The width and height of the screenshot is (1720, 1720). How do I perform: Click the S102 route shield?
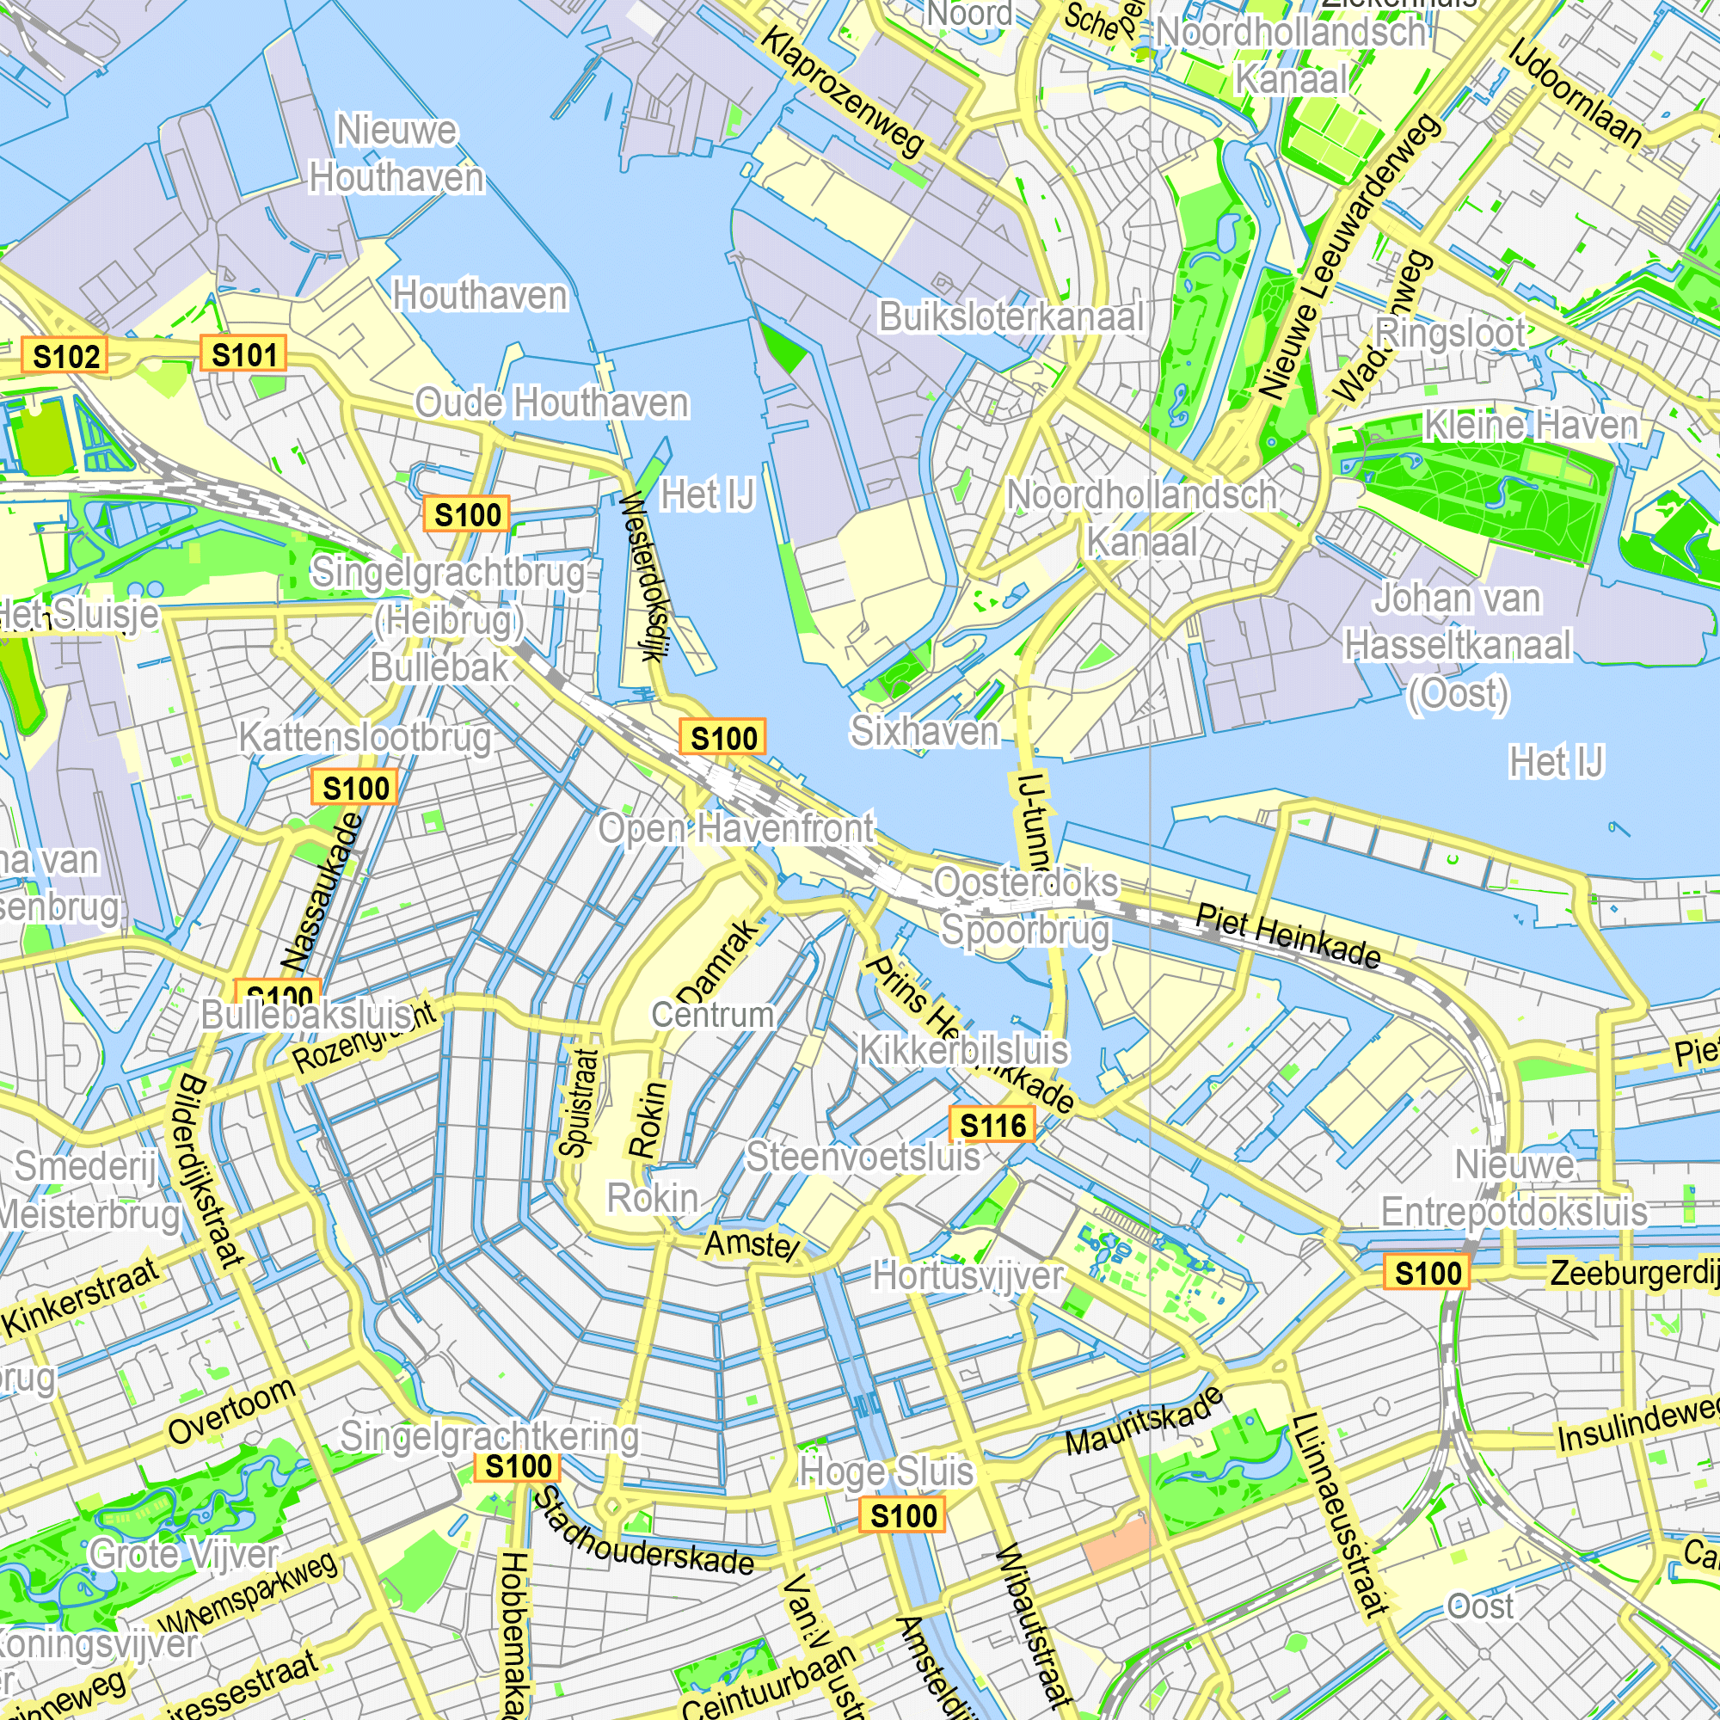[66, 356]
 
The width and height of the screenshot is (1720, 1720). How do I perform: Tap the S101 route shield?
[244, 354]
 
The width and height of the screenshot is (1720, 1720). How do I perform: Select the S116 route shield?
[992, 1127]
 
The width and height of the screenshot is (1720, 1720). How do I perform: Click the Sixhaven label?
[925, 732]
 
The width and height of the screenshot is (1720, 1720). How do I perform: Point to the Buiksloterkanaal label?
[1010, 317]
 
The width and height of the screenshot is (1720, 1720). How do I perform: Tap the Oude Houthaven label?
[552, 403]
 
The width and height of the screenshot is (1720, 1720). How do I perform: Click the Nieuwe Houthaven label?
[397, 155]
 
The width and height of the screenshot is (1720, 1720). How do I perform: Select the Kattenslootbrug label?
[365, 738]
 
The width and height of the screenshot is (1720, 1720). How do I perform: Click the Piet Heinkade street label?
[1288, 936]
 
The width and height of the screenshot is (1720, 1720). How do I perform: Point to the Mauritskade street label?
[1145, 1422]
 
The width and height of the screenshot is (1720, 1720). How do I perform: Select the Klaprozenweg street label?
[842, 92]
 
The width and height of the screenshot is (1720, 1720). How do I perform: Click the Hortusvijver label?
[967, 1275]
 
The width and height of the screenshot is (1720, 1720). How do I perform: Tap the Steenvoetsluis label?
[863, 1158]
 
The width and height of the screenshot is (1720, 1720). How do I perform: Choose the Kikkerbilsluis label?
[963, 1051]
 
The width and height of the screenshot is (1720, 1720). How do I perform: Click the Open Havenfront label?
[736, 829]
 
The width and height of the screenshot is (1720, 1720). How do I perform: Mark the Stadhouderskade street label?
[642, 1534]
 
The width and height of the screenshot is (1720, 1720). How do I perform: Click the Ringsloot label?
[1450, 333]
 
